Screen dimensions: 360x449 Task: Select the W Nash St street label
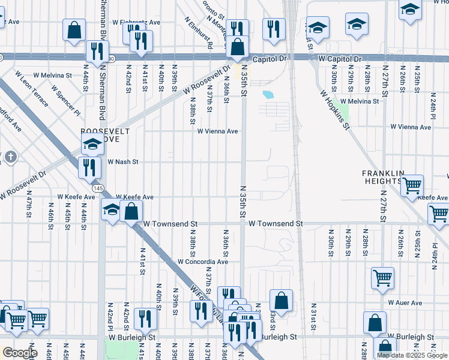point(122,162)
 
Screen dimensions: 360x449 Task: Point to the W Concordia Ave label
point(203,262)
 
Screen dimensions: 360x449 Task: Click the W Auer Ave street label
point(405,303)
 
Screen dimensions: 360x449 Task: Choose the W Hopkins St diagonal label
point(334,110)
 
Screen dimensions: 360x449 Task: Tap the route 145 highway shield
point(96,189)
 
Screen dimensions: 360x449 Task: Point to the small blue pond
point(268,94)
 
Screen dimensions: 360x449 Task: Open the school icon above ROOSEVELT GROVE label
point(92,143)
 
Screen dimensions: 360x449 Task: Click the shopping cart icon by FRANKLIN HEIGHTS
point(412,185)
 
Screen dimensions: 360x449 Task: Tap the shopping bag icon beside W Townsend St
point(131,211)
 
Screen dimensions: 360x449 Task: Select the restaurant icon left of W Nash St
point(89,168)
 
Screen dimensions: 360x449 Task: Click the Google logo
point(20,352)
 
